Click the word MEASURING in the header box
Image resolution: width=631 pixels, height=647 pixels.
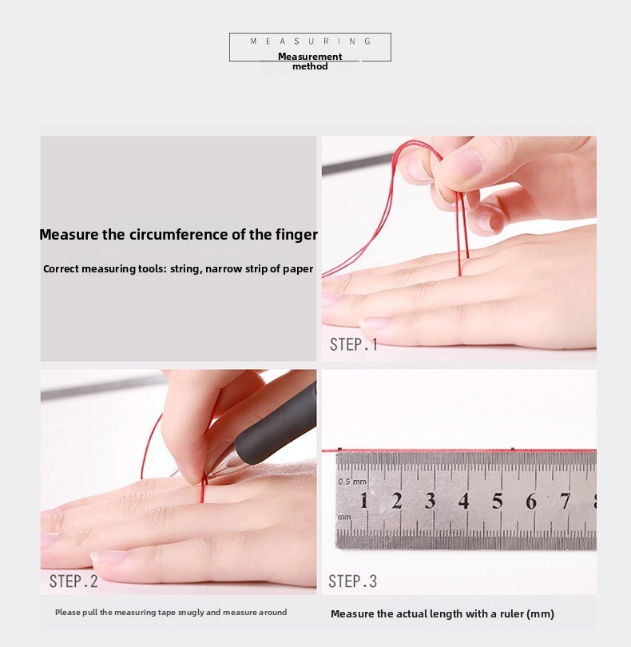tap(311, 42)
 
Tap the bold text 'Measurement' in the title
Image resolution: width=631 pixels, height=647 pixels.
tap(310, 57)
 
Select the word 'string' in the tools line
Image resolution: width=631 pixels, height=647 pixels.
tap(185, 269)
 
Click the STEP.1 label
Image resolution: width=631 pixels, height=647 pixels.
tap(354, 344)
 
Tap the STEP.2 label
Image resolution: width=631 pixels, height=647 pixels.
tap(73, 582)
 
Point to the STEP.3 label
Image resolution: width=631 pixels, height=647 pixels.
tap(353, 582)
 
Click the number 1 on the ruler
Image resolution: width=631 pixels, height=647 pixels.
tap(363, 501)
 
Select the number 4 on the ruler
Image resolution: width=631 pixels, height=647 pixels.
tap(464, 501)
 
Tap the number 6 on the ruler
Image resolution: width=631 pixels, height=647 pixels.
tap(531, 501)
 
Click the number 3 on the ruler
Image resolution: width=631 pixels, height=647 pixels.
tap(430, 501)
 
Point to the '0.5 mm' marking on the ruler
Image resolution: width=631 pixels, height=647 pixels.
tap(352, 482)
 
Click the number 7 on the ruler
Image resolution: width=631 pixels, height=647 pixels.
tap(565, 501)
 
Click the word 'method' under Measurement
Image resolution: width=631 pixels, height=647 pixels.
tap(310, 66)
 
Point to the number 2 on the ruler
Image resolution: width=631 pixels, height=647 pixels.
tap(397, 501)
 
